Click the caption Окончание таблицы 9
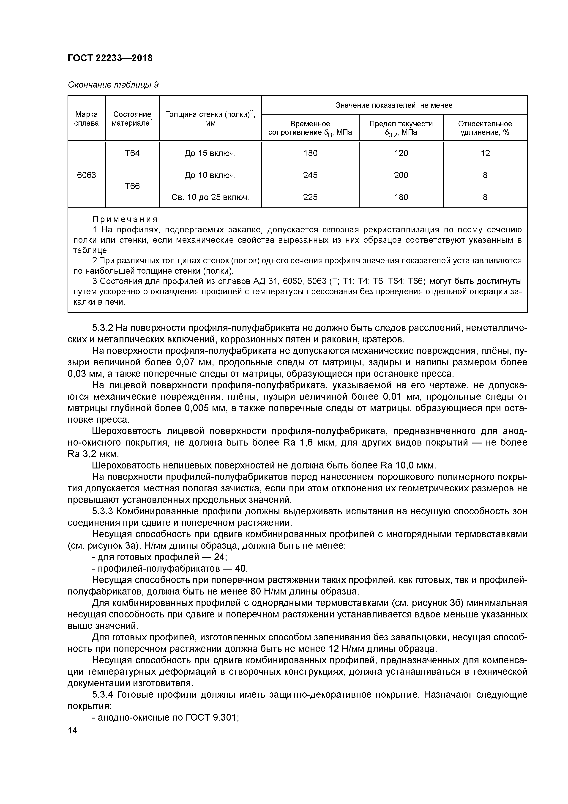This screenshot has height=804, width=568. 113,85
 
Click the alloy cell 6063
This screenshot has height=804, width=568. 86,175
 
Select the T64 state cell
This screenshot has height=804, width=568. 132,153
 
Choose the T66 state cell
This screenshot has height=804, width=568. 132,186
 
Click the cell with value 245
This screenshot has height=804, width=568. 310,175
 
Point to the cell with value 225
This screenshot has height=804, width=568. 310,197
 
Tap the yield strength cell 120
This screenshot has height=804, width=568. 401,153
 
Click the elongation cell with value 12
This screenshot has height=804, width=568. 485,153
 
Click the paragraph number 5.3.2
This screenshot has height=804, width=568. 103,328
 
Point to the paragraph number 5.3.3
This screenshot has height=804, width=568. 103,511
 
